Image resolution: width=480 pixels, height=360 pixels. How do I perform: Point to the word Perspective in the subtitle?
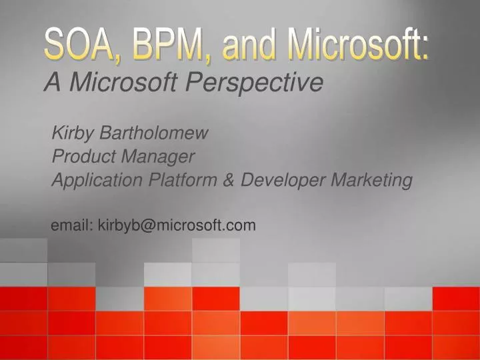pyautogui.click(x=253, y=83)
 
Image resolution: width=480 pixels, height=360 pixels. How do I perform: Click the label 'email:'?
pyautogui.click(x=73, y=226)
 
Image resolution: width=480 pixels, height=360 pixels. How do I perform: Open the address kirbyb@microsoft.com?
pyautogui.click(x=177, y=226)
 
